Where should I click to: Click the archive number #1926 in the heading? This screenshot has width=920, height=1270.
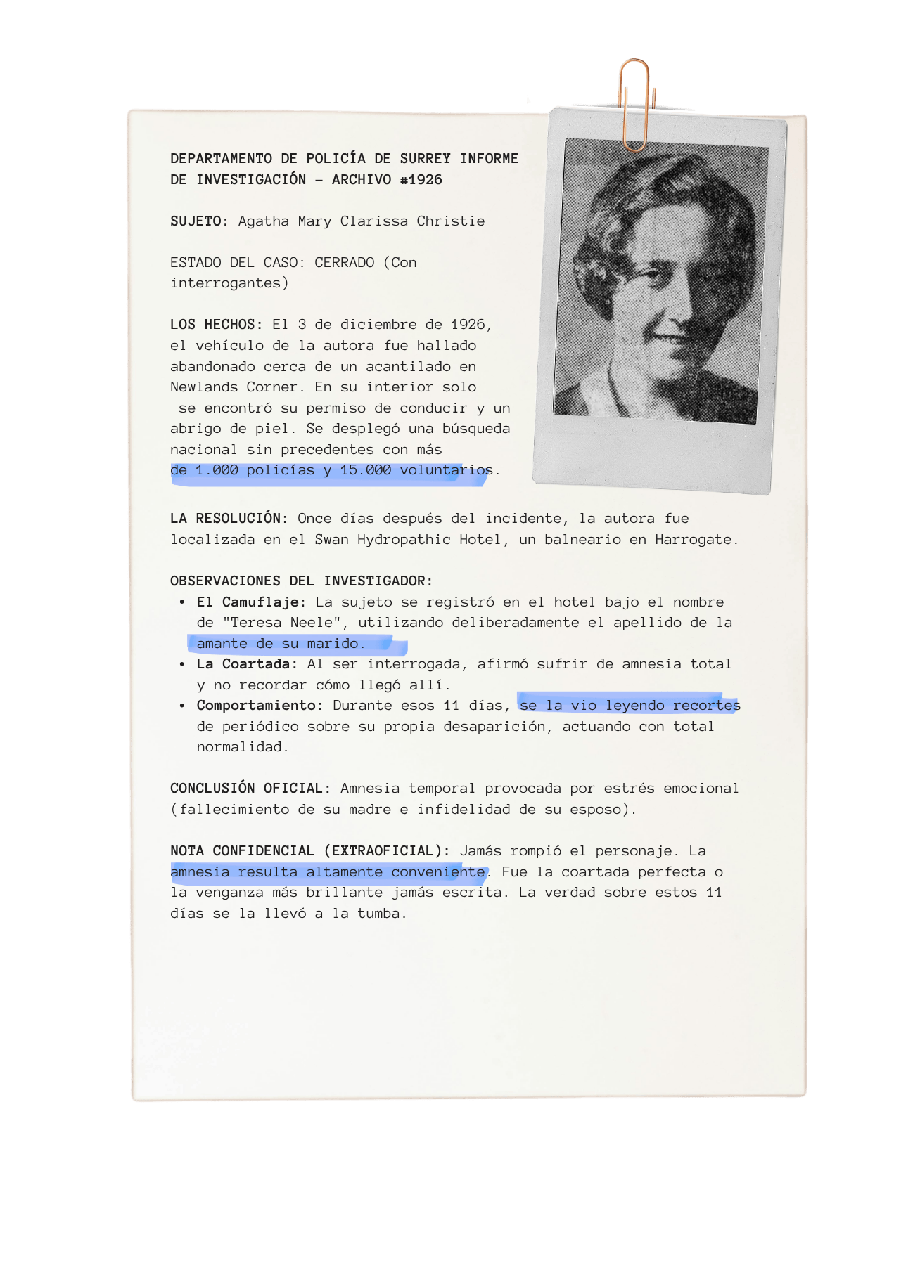(x=421, y=180)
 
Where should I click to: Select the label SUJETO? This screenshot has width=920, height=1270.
(x=199, y=221)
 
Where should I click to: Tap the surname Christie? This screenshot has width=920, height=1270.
(x=450, y=221)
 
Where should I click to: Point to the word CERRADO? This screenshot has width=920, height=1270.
(x=344, y=263)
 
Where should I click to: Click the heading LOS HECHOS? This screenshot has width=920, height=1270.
(x=216, y=325)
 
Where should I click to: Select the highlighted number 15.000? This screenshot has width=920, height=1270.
(x=365, y=470)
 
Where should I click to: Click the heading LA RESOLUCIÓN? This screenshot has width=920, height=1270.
(x=229, y=519)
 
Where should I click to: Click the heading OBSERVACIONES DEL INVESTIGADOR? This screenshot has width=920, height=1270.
(x=301, y=581)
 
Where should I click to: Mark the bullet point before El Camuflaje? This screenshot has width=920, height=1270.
(x=182, y=602)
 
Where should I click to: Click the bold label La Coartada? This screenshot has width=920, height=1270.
(x=247, y=664)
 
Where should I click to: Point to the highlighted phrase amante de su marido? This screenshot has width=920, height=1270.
(x=280, y=644)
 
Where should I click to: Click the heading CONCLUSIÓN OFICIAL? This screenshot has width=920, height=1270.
(x=250, y=789)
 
